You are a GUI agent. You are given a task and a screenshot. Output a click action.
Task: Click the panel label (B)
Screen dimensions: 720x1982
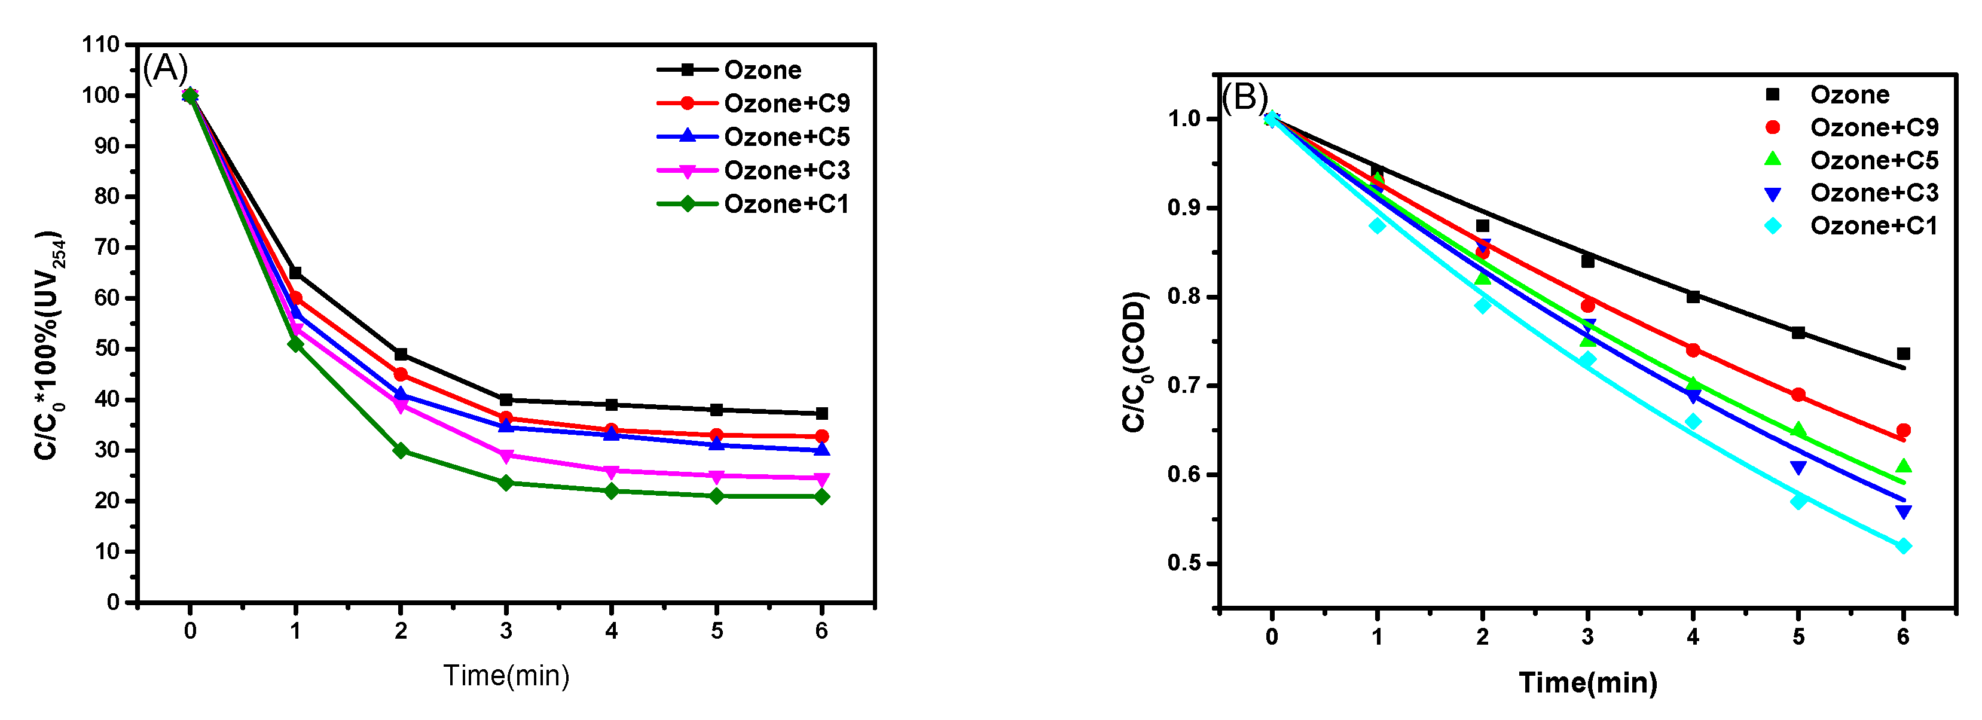1244,97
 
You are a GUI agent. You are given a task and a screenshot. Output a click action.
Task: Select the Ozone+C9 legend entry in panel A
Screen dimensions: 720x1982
786,103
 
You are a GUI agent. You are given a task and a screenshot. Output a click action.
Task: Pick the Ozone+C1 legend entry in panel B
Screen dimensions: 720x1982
1874,226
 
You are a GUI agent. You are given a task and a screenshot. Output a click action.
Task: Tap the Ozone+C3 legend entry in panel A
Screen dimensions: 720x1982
786,170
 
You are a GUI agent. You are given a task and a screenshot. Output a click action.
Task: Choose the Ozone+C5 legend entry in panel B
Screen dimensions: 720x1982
1874,160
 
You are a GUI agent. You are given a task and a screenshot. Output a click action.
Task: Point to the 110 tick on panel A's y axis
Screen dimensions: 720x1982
101,45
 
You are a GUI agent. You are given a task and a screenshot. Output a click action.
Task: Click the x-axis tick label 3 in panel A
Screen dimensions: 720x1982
505,631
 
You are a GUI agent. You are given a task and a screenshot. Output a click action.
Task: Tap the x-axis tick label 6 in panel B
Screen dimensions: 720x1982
1902,637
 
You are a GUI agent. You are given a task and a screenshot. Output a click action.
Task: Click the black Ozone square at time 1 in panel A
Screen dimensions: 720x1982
295,273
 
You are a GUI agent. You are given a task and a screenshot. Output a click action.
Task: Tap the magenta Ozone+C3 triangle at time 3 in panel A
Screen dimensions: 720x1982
505,456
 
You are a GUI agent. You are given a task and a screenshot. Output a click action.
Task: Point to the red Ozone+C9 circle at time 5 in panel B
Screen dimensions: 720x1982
1798,395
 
